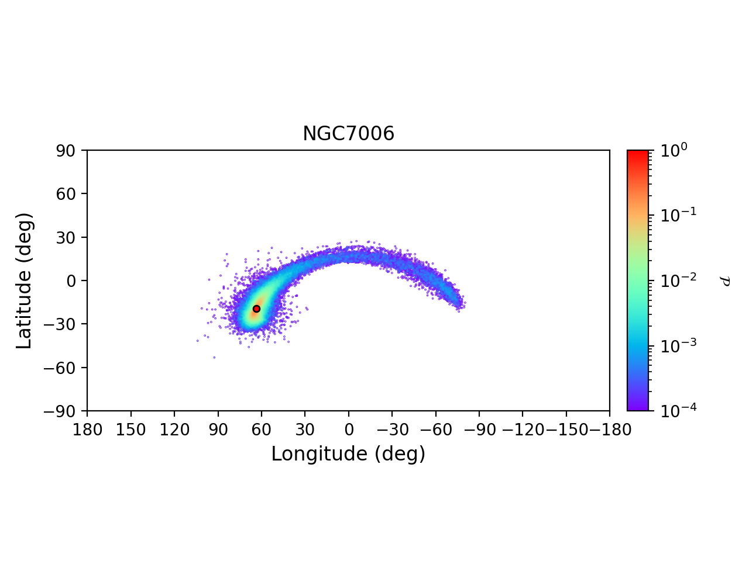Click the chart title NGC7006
(348, 134)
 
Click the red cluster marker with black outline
(256, 309)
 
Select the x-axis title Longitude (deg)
(348, 454)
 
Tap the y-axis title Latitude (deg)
(24, 280)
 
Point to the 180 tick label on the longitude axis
(87, 430)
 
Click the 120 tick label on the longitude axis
(174, 430)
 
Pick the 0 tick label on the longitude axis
(348, 430)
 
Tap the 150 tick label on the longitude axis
(130, 430)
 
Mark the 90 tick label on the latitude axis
(66, 151)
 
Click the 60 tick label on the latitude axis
(66, 194)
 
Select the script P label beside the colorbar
(725, 281)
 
